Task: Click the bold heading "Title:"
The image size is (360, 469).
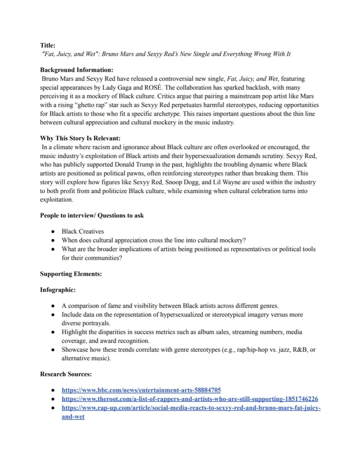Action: point(48,45)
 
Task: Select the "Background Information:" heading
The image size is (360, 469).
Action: point(76,70)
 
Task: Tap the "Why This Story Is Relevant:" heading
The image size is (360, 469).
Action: point(80,138)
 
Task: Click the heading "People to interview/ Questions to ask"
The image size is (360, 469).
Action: point(92,215)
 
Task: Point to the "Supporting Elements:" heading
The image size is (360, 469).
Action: point(71,274)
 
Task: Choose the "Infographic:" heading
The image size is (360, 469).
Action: point(58,290)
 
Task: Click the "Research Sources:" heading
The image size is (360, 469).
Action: point(66,374)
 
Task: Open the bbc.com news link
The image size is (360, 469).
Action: point(141,390)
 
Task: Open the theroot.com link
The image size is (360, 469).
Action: point(190,399)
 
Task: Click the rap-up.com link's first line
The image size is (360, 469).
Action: point(191,408)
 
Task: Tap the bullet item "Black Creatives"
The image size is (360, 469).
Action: point(83,231)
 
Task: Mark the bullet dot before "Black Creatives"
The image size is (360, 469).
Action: point(53,231)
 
